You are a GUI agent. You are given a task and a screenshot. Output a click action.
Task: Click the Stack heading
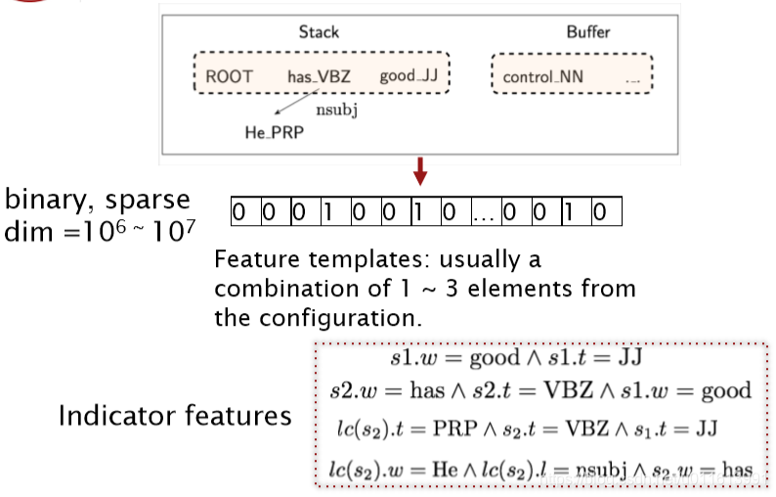point(319,32)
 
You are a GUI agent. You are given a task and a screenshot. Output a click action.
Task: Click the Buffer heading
point(586,32)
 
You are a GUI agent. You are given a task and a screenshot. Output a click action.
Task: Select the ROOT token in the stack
point(230,76)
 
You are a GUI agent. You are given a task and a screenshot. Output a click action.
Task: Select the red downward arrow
point(420,172)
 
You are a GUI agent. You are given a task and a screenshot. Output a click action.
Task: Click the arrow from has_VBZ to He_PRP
point(289,104)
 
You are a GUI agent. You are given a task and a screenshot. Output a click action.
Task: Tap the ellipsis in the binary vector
point(485,211)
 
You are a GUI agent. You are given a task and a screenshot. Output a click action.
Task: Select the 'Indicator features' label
point(175,415)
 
